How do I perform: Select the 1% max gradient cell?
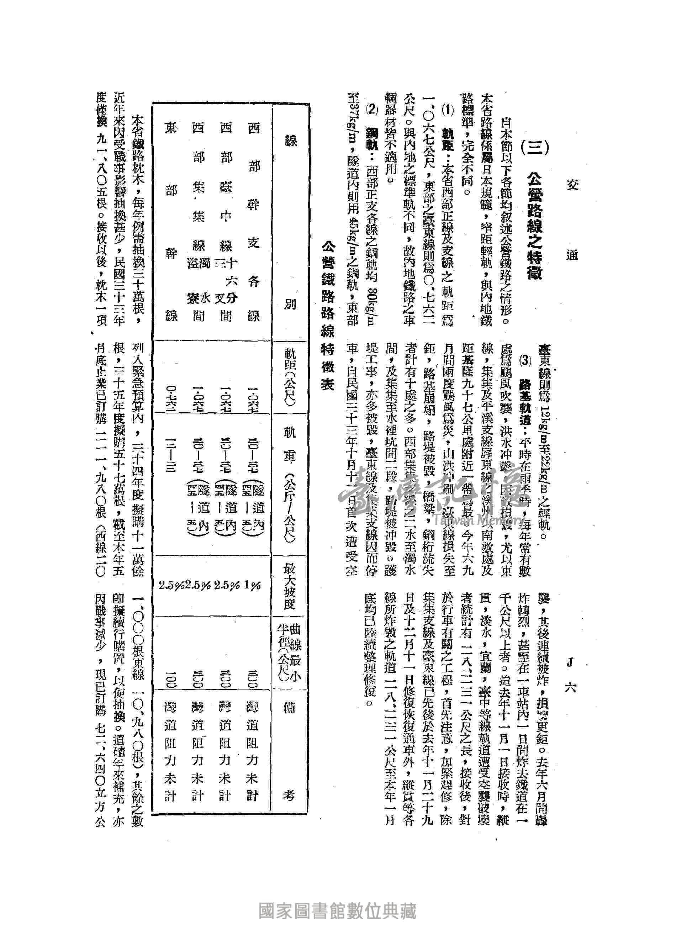[x=254, y=585]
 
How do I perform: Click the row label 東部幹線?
[x=171, y=221]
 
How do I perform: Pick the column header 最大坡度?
[x=289, y=585]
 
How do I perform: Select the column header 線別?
[x=289, y=221]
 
